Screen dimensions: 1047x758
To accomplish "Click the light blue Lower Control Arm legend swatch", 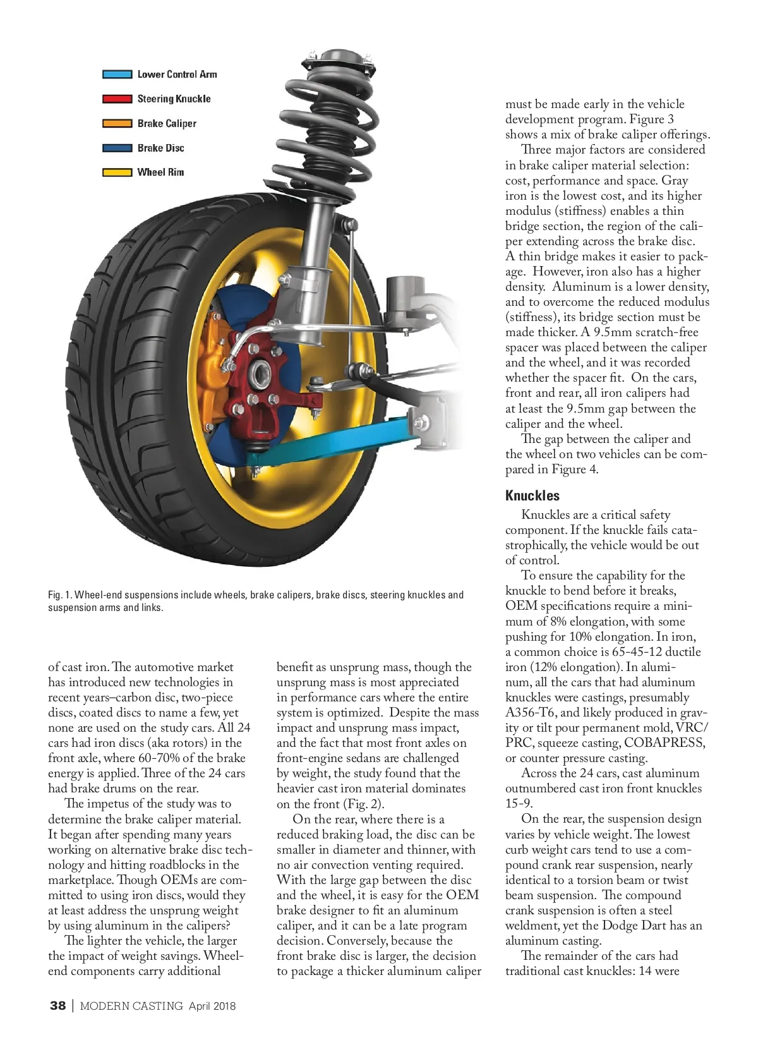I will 117,75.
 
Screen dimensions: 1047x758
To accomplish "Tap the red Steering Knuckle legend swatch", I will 117,99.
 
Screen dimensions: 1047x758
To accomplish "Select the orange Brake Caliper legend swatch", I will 117,124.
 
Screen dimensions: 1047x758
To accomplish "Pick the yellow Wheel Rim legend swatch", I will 117,172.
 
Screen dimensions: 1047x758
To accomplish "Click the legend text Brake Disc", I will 160,148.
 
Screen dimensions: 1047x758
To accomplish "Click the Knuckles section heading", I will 532,496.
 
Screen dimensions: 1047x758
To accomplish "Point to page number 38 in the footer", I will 57,1006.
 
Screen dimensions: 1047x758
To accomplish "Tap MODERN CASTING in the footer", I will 131,1006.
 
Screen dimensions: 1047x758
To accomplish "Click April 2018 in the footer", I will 212,1006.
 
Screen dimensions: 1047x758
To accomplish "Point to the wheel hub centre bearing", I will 259,377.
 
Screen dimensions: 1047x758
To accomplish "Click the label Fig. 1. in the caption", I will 60,595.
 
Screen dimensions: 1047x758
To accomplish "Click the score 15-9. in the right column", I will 519,804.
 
